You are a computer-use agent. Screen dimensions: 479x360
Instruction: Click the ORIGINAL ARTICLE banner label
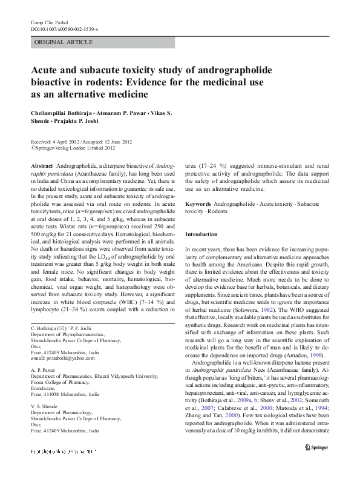(64, 42)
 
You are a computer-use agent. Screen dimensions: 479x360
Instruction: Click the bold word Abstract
(42, 165)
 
